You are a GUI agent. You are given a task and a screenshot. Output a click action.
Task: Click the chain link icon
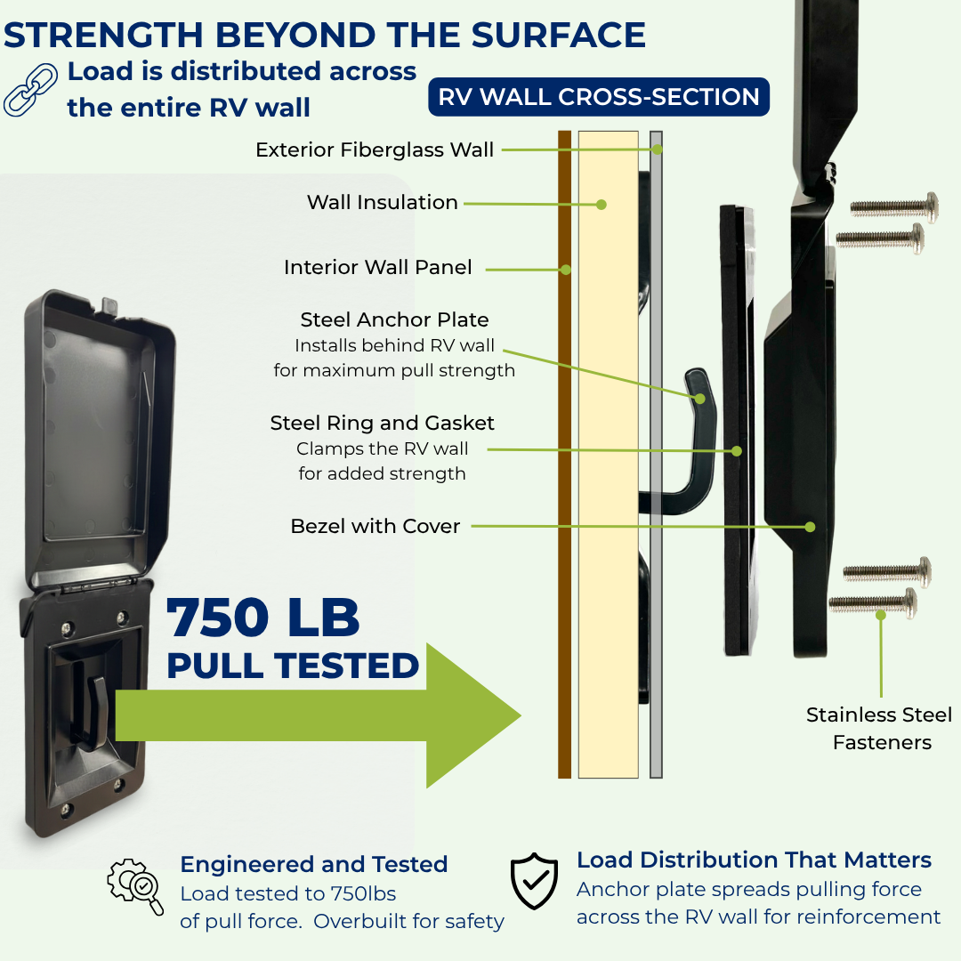click(x=30, y=90)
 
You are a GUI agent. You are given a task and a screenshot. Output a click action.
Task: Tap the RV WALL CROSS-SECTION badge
click(x=599, y=97)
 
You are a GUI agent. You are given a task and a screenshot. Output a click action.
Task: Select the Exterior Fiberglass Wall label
click(x=375, y=149)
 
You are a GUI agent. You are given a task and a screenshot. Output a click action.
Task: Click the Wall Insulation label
click(x=383, y=202)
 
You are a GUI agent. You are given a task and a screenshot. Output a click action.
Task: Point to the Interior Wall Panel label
click(x=377, y=267)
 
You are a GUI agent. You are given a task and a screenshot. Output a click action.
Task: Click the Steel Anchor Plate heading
click(x=395, y=319)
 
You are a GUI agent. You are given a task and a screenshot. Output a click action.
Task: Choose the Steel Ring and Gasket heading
click(x=382, y=423)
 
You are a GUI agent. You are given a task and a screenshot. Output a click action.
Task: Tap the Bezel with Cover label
click(x=376, y=526)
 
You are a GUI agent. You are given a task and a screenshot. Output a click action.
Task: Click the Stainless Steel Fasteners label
click(x=879, y=729)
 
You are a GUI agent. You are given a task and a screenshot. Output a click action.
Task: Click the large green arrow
click(x=319, y=715)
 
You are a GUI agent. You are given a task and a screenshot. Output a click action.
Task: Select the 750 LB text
click(x=262, y=618)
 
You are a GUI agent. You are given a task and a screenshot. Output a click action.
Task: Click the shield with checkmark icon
click(x=535, y=881)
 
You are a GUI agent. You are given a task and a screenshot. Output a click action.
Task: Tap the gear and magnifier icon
click(x=135, y=886)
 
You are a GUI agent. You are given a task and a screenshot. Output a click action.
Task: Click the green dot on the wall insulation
click(x=602, y=205)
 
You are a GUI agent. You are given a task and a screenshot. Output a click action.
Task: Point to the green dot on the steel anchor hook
click(x=700, y=399)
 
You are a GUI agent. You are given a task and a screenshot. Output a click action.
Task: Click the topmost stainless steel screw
click(x=894, y=207)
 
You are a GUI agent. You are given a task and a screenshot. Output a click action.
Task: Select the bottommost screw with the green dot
click(x=873, y=603)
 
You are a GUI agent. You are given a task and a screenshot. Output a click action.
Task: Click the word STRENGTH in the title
click(x=103, y=35)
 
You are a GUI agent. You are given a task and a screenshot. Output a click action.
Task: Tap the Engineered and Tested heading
click(x=314, y=864)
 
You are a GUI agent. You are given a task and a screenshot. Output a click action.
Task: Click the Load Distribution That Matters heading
click(x=754, y=860)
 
